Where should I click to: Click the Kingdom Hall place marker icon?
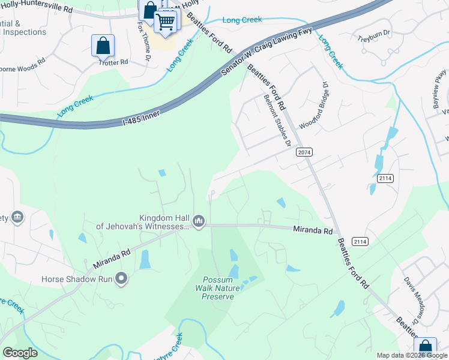tap(199, 222)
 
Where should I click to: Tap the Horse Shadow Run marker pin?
tap(122, 278)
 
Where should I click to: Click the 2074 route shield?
tap(304, 152)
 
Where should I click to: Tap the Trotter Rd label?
tap(115, 62)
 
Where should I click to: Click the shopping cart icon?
tap(166, 22)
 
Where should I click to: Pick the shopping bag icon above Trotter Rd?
tap(103, 46)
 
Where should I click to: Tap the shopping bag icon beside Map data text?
tap(425, 347)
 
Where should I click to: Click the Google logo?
tap(20, 353)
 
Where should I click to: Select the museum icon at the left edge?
tap(17, 216)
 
